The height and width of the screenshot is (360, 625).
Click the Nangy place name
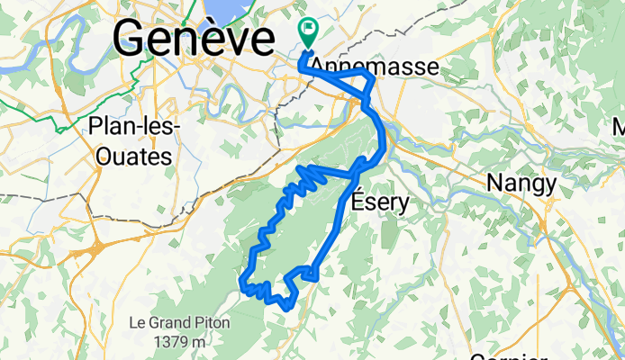(521, 183)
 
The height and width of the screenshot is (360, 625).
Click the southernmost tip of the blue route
(286, 308)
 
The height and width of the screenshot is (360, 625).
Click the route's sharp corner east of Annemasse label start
(373, 78)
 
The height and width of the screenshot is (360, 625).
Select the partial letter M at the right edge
(620, 126)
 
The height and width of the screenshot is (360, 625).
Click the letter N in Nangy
(495, 183)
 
